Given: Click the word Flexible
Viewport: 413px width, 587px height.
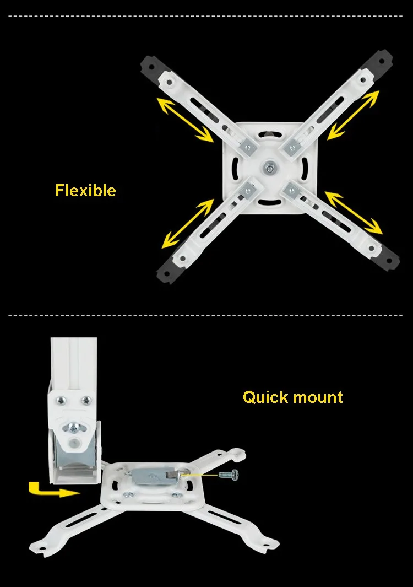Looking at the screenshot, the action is (x=86, y=190).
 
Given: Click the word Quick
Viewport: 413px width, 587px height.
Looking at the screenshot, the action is (x=265, y=397).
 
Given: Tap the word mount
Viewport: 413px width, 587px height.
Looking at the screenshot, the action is (x=318, y=397).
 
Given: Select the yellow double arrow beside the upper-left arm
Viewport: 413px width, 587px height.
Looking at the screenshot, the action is (x=185, y=120).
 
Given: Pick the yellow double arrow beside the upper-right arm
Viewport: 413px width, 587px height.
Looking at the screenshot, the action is (x=353, y=115).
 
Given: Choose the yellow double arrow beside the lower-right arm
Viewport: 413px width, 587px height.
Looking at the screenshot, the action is (x=354, y=213).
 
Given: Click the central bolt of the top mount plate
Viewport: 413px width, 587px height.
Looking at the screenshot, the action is (x=269, y=168).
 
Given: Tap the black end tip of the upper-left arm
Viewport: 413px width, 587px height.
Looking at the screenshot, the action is (x=149, y=66).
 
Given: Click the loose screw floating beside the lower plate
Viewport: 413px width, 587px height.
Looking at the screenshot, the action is (x=229, y=475).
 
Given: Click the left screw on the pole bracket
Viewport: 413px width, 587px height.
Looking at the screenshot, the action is (x=61, y=401).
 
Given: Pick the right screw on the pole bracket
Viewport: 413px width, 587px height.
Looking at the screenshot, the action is (x=87, y=401).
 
